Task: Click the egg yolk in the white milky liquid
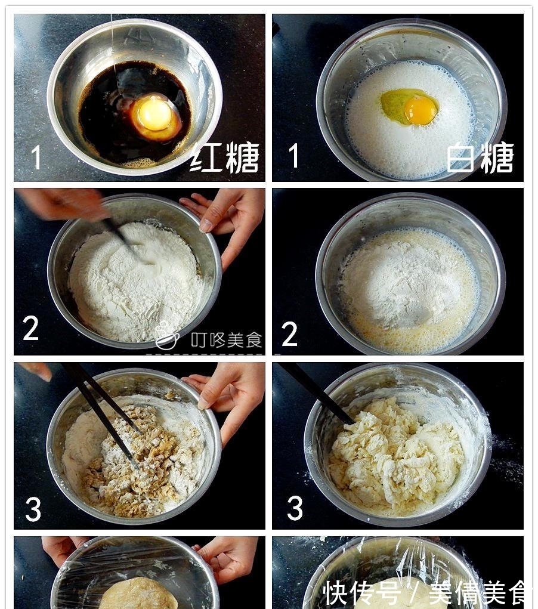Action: (x=420, y=110)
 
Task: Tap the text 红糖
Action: (x=224, y=157)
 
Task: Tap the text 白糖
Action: (x=480, y=158)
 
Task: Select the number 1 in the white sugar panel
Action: (x=293, y=156)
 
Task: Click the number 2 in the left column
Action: (x=31, y=329)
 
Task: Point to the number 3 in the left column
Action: (x=33, y=509)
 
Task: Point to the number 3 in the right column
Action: (x=295, y=508)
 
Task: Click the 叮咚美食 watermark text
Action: (x=226, y=340)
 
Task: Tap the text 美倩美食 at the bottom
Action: (x=477, y=592)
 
